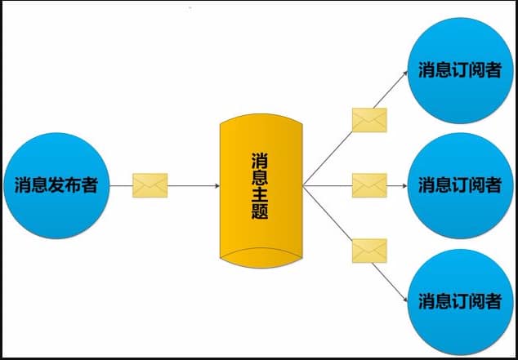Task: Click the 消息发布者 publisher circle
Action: point(56,184)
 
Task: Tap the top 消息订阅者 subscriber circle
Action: point(460,70)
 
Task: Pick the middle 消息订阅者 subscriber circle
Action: point(460,185)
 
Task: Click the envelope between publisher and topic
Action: point(150,185)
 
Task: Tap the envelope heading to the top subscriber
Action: point(369,120)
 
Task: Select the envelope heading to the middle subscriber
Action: point(369,185)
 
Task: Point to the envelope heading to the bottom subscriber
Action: point(369,250)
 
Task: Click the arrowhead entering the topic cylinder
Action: point(217,186)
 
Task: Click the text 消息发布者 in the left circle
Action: point(56,184)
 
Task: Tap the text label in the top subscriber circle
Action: point(460,70)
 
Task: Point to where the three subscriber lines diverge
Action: point(303,186)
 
